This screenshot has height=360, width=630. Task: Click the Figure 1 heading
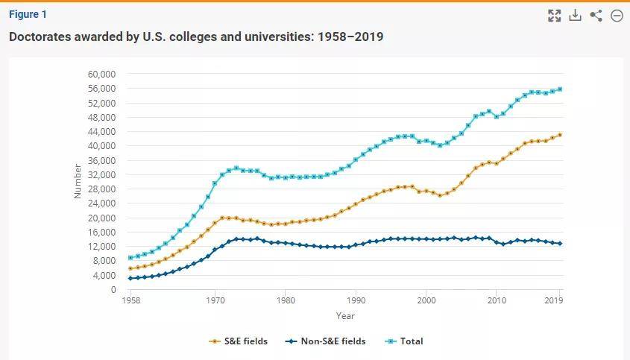coord(28,14)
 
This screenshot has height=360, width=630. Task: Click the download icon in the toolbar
coord(575,15)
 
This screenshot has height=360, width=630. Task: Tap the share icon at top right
coord(596,15)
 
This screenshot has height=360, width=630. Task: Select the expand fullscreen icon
coord(555,15)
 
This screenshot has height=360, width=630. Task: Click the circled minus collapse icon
coord(617,15)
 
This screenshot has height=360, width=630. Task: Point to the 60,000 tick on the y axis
coord(101,75)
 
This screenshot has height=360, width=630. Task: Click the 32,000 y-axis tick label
coord(101,174)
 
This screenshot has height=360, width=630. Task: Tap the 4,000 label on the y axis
coord(104,275)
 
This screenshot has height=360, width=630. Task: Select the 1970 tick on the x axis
coord(215,300)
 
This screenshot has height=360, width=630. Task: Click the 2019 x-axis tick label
coord(554,300)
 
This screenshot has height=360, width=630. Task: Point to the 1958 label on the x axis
coord(131,300)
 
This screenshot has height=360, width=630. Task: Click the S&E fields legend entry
coord(239,341)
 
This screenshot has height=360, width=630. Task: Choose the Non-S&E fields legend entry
coord(326,341)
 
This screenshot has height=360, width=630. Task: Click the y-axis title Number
coord(78,181)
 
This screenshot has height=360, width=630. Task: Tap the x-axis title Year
coord(345,316)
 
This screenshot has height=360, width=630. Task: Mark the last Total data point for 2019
coord(560,89)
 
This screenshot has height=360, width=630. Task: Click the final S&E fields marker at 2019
coord(560,135)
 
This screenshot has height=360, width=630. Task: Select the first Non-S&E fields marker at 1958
coord(130,278)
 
